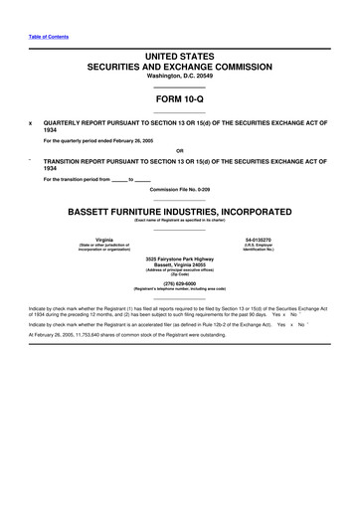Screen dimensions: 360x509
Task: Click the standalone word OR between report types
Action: [x=180, y=151]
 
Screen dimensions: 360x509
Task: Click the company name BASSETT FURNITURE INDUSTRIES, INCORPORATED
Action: [x=180, y=212]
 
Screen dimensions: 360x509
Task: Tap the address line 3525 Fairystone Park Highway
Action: [x=180, y=259]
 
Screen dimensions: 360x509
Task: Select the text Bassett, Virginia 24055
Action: [x=180, y=265]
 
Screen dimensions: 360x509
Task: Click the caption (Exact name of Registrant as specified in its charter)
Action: [x=180, y=221]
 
